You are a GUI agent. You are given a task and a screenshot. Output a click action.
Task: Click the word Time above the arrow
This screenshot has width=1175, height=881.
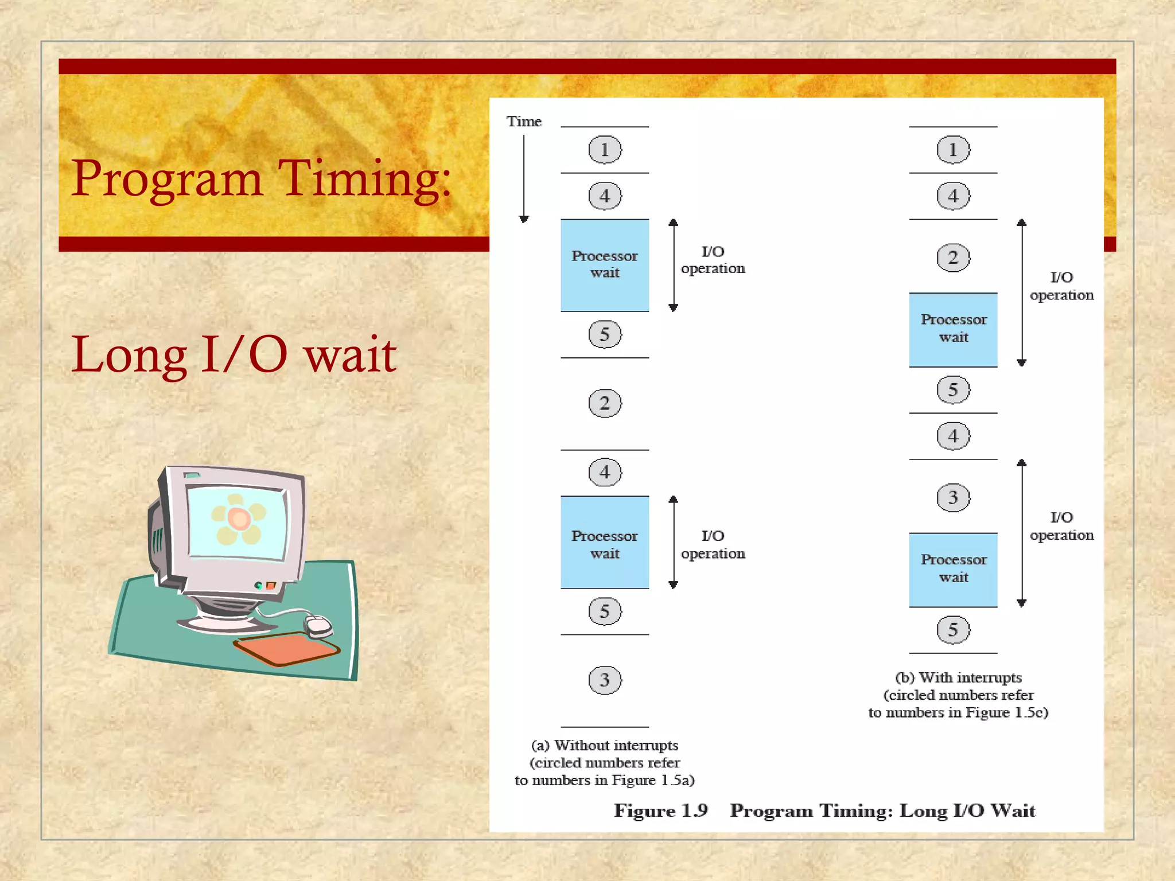point(523,122)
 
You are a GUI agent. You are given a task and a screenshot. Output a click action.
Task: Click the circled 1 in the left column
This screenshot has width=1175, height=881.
point(605,150)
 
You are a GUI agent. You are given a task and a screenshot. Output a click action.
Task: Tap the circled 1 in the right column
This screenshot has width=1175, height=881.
point(953,150)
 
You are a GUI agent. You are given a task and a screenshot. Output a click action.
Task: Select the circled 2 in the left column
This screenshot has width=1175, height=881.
point(605,403)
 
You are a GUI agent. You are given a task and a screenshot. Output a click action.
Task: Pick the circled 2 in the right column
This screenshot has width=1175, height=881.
point(953,258)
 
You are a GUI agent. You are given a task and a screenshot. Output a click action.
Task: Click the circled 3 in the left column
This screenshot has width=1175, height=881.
point(605,680)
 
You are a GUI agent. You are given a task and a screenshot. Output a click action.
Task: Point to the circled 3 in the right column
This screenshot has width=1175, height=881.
point(953,497)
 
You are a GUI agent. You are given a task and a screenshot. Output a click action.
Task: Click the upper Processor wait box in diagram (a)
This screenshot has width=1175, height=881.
point(605,265)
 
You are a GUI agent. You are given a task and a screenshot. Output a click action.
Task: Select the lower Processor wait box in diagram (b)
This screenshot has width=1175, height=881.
point(953,570)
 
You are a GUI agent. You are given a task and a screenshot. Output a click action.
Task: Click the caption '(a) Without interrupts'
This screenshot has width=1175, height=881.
point(605,745)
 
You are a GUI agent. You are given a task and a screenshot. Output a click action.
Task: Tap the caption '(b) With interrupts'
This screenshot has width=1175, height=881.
point(958,677)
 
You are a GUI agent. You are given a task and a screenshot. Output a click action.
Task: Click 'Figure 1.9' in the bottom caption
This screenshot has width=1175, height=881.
point(660,810)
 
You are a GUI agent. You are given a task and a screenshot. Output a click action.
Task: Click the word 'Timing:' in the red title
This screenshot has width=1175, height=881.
point(365,179)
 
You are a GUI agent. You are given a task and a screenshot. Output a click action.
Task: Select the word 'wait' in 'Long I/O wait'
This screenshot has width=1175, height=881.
point(350,355)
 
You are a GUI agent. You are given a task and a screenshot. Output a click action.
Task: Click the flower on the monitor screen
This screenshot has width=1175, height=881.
point(239,519)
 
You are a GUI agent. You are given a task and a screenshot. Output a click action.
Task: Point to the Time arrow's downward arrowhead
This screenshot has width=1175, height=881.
point(523,219)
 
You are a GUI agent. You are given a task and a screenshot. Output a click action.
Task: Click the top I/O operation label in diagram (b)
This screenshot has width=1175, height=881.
point(1061,286)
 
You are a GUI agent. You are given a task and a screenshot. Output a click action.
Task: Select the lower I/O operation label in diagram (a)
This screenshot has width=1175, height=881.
point(713,544)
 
